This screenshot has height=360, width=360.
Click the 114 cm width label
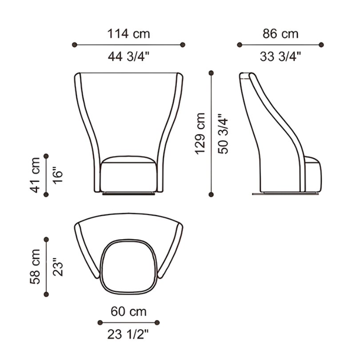click(x=128, y=34)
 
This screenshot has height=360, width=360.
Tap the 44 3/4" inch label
click(x=128, y=56)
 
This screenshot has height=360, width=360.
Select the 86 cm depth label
click(x=280, y=34)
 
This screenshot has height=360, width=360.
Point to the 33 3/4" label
click(x=280, y=56)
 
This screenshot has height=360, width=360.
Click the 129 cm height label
click(x=200, y=134)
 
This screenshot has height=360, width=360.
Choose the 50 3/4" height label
click(x=223, y=134)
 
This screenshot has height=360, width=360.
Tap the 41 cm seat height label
click(x=35, y=175)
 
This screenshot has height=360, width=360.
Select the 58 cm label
click(x=35, y=267)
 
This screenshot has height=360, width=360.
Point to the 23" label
click(x=58, y=267)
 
